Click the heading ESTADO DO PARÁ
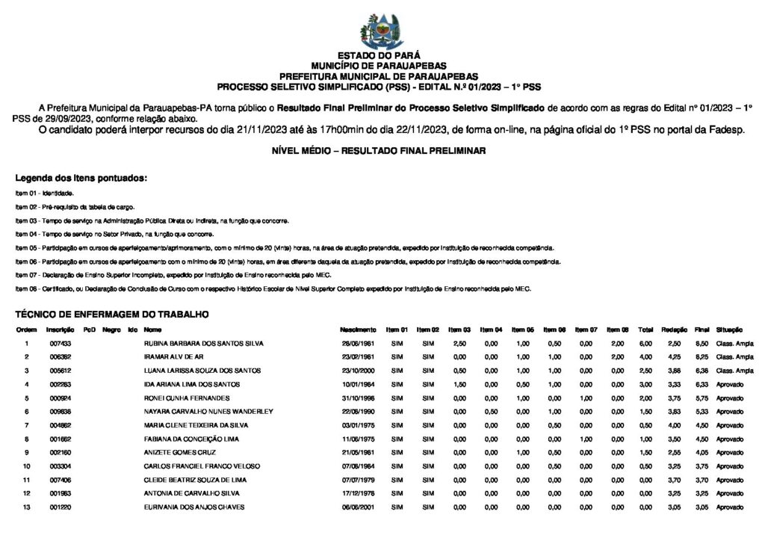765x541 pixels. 379,55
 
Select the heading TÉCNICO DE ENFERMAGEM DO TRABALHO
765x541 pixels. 112,315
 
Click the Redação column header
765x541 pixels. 675,330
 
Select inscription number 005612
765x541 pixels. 61,371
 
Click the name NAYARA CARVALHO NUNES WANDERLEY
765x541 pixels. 208,412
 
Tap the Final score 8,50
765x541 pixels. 701,343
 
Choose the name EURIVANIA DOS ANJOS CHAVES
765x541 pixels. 193,507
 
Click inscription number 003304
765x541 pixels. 61,466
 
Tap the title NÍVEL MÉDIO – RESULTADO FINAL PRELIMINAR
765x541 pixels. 380,151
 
